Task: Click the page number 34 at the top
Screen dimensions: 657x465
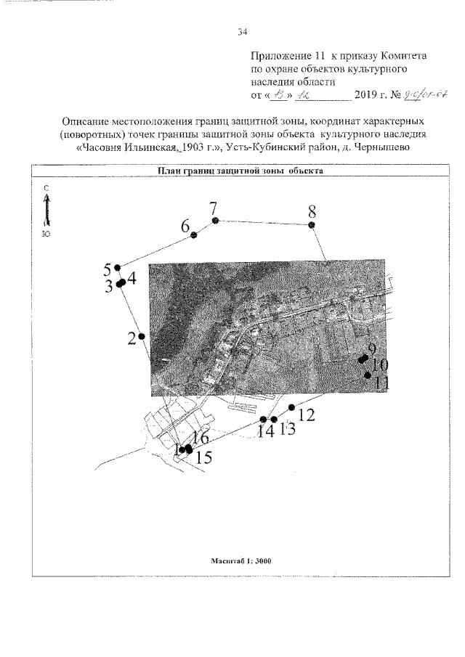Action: pyautogui.click(x=243, y=31)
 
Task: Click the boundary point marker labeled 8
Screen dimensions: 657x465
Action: pyautogui.click(x=312, y=226)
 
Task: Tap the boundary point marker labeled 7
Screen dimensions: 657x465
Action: pyautogui.click(x=214, y=220)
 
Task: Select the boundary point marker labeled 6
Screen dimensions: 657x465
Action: pyautogui.click(x=193, y=235)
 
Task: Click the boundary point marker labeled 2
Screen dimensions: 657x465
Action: pyautogui.click(x=142, y=336)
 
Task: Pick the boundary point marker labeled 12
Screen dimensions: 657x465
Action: pyautogui.click(x=292, y=407)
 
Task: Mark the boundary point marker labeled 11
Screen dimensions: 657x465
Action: pyautogui.click(x=368, y=375)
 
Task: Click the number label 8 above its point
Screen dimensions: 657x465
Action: pyautogui.click(x=312, y=212)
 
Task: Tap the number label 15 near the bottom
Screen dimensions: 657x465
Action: pyautogui.click(x=205, y=457)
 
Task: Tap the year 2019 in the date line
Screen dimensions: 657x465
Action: pyautogui.click(x=365, y=95)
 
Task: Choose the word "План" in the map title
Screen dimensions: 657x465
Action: pyautogui.click(x=170, y=171)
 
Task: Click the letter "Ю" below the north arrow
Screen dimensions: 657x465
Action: pyautogui.click(x=46, y=234)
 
